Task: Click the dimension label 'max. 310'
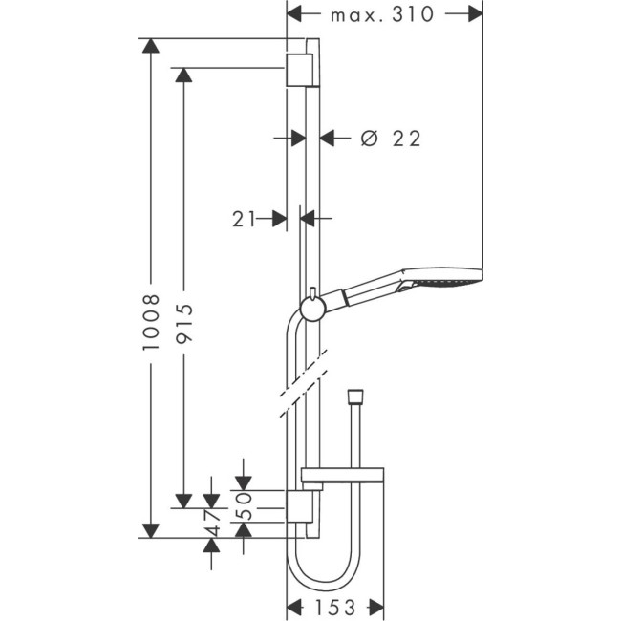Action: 382,14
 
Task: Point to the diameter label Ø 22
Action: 391,139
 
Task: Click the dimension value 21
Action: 244,219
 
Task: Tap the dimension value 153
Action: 334,607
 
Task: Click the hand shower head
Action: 444,283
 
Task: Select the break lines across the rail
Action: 303,382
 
